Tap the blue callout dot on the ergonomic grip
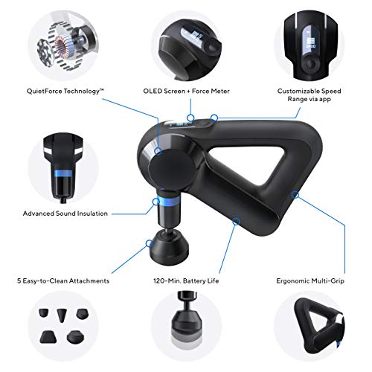[x=295, y=196]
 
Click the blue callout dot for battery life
[x=236, y=219]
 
